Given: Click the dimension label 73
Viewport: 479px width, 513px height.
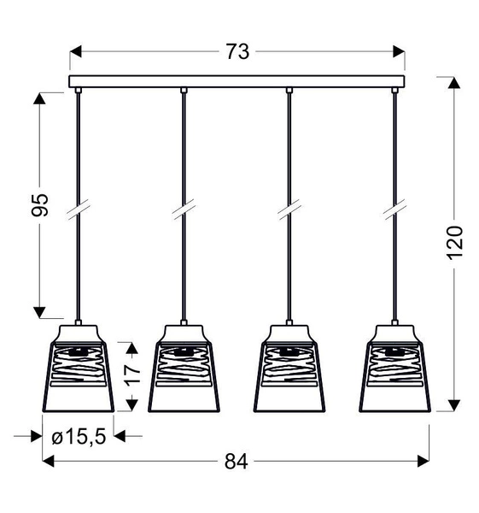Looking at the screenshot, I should [x=237, y=52].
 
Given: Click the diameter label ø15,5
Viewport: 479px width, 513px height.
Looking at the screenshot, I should [x=78, y=437].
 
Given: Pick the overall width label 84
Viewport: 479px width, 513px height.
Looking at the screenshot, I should [x=237, y=462].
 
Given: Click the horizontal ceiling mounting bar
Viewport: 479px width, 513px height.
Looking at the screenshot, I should [x=237, y=82].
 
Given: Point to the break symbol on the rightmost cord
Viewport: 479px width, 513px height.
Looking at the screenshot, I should [x=395, y=209].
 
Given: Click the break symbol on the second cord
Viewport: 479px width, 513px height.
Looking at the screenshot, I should [x=183, y=209].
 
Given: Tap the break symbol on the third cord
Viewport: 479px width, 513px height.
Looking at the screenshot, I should [x=289, y=209].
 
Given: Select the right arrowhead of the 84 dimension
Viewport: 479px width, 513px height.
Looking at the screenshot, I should [x=424, y=462].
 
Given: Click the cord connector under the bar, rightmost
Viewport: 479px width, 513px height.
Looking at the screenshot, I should [x=395, y=90].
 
